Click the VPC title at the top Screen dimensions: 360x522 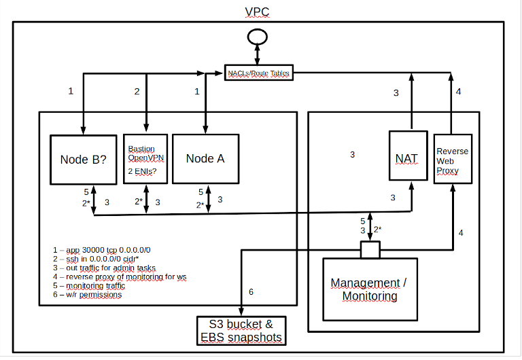click(258, 12)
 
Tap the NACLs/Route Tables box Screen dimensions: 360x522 click(259, 73)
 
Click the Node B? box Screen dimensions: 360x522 click(83, 159)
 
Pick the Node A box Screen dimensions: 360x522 click(205, 159)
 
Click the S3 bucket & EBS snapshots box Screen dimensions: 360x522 click(240, 329)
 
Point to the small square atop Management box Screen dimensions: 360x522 click(370, 251)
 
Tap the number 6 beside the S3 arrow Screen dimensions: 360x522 click(251, 292)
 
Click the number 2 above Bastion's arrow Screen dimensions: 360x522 click(137, 90)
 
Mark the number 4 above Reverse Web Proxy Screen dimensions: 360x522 click(459, 91)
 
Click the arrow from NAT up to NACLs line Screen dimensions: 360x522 click(411, 102)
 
